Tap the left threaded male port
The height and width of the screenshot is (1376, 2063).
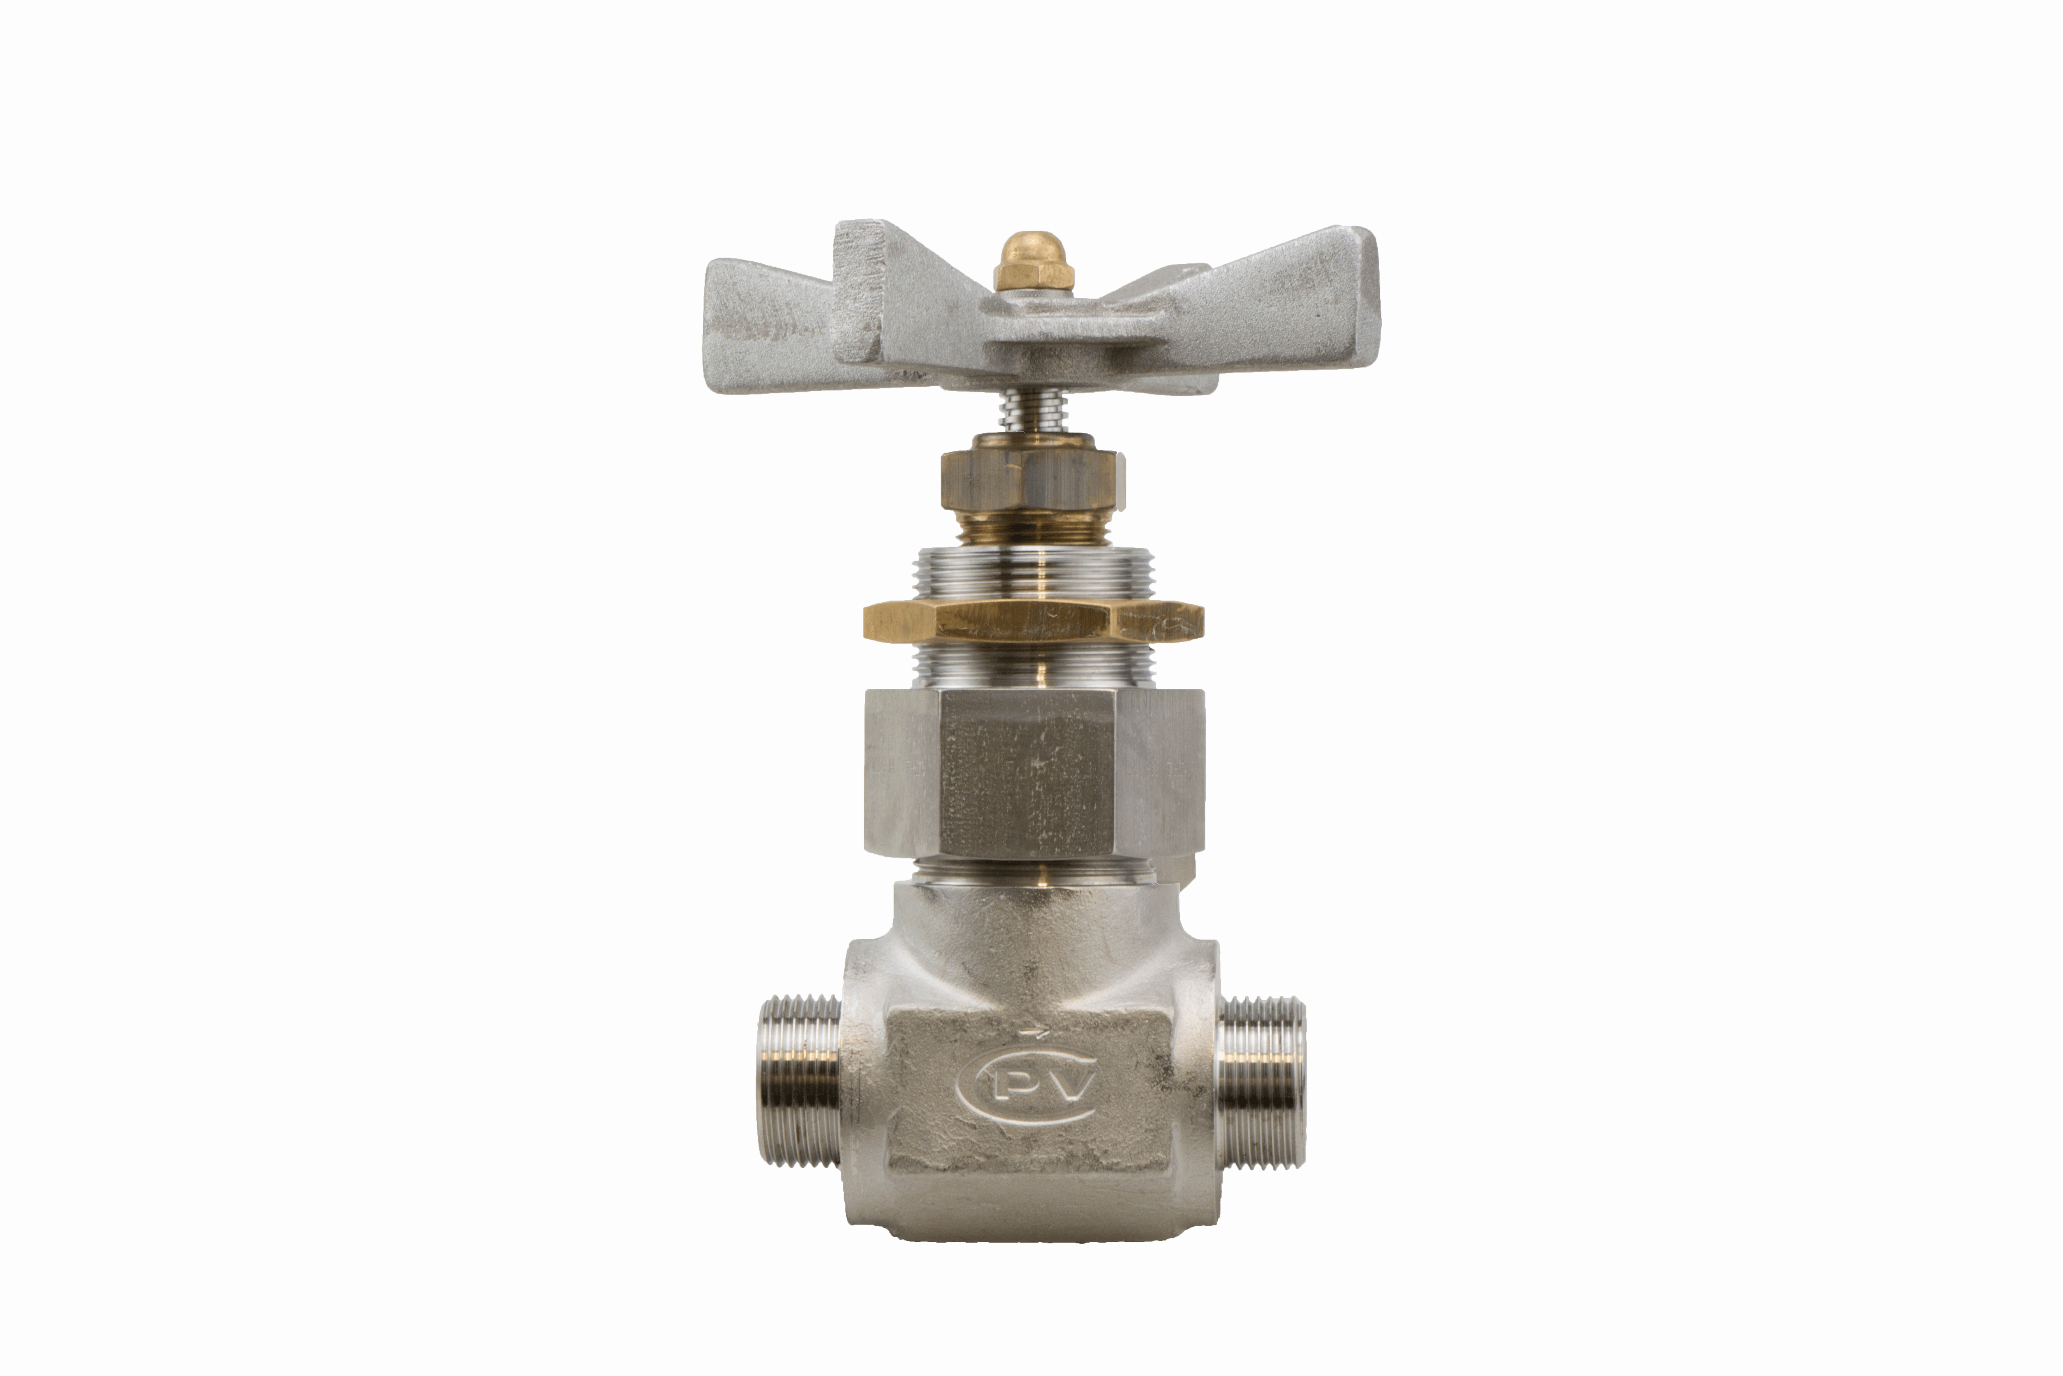coord(799,1079)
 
